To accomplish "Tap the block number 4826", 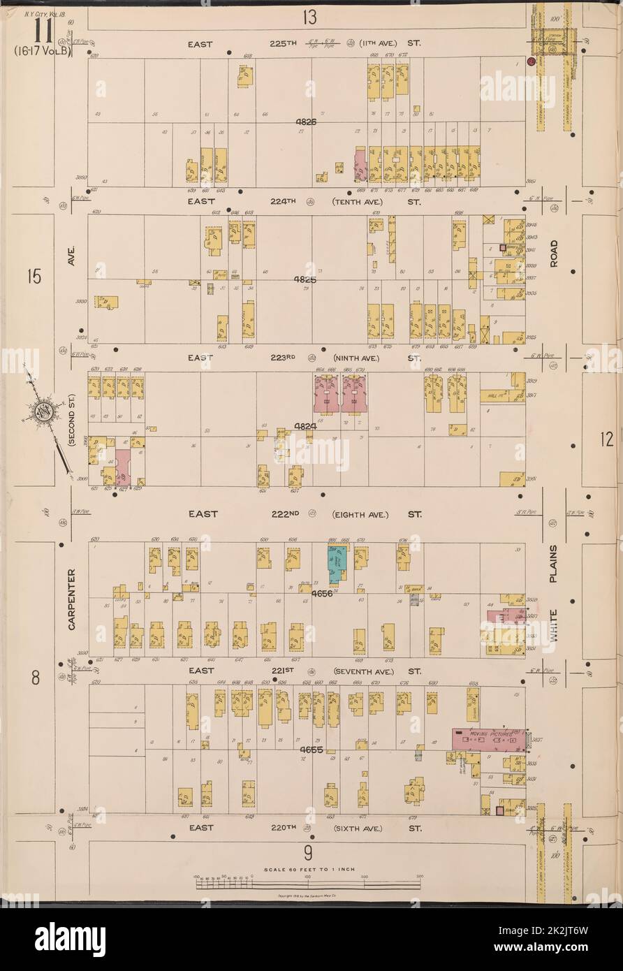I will pyautogui.click(x=305, y=122).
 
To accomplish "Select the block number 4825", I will pyautogui.click(x=305, y=279).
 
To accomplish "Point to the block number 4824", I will pyautogui.click(x=305, y=425).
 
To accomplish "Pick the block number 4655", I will pyautogui.click(x=311, y=751).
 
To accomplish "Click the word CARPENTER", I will pyautogui.click(x=72, y=599).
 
